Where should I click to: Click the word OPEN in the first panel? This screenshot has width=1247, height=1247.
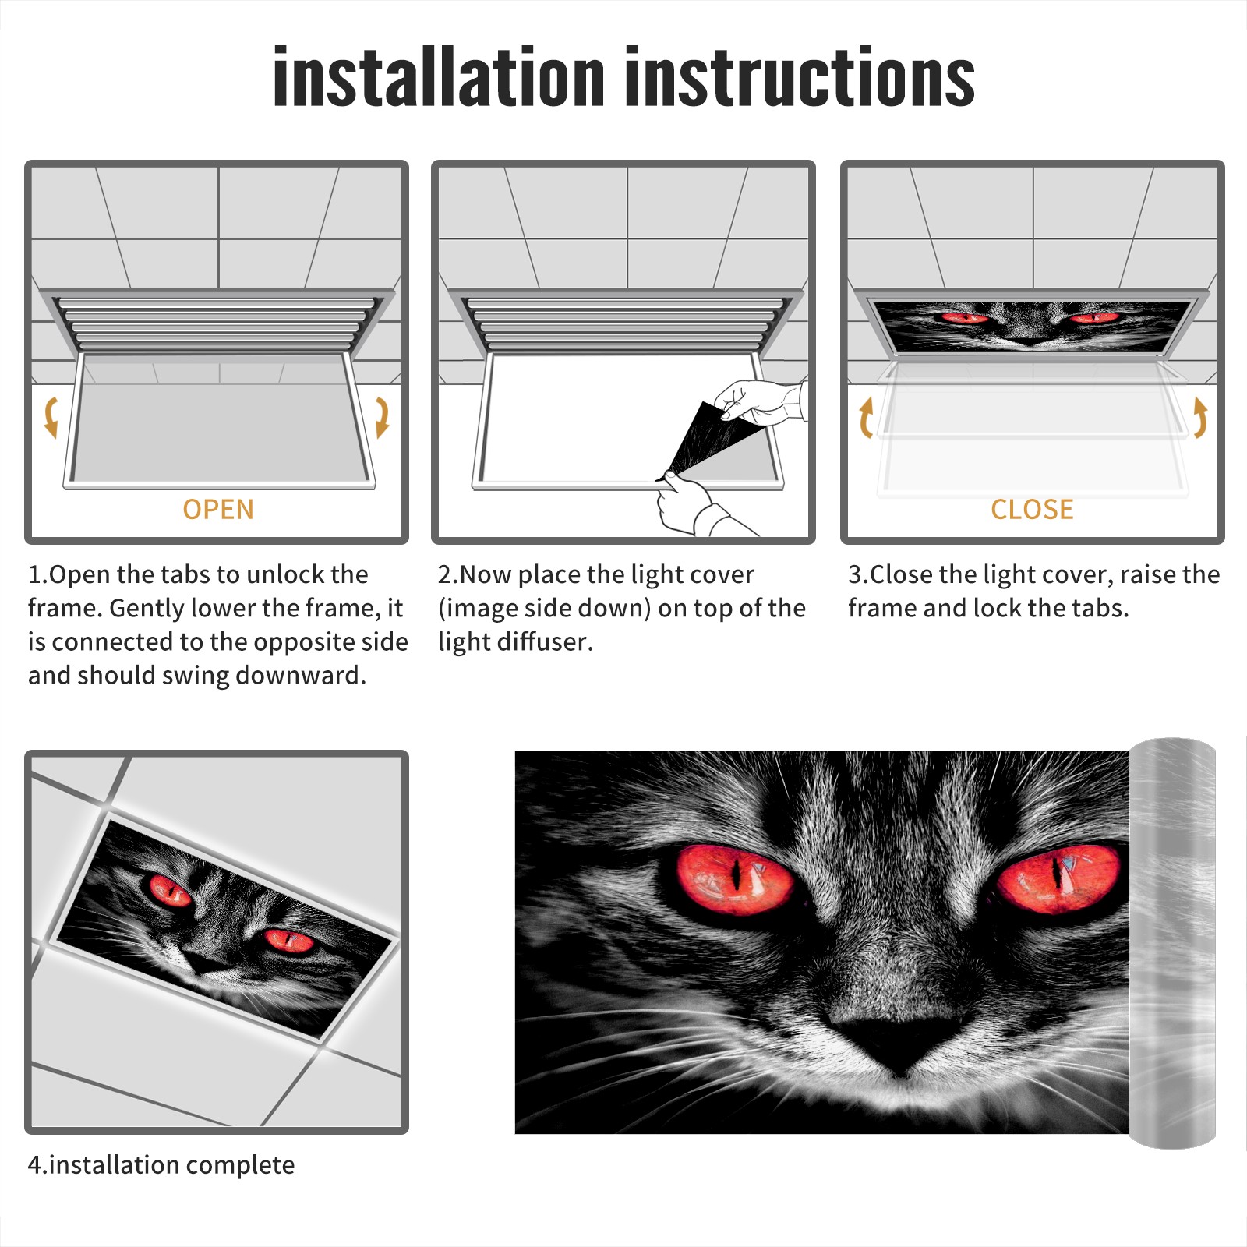click(218, 510)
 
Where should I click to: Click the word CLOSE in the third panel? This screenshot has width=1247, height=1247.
click(1032, 510)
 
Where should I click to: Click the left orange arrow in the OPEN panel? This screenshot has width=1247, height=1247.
click(51, 417)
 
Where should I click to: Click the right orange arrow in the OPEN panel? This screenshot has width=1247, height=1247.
click(383, 417)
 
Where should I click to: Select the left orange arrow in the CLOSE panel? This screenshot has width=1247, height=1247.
click(866, 417)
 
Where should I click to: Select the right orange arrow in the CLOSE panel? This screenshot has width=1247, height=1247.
click(1200, 417)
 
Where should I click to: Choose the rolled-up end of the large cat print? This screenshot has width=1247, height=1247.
click(1172, 943)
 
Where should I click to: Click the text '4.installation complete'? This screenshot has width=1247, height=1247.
click(161, 1165)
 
